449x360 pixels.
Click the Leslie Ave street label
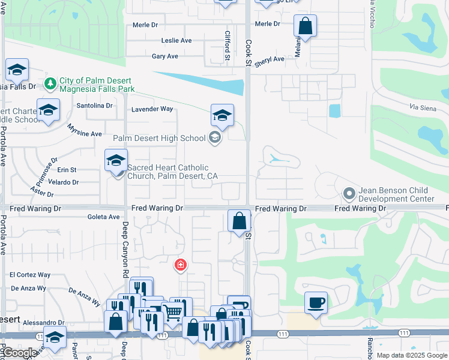click(176, 41)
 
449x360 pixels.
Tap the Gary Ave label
click(165, 56)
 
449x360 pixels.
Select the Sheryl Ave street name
click(270, 60)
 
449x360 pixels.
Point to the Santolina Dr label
click(95, 106)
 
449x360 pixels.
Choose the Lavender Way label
click(152, 109)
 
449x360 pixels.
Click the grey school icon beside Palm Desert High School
click(214, 138)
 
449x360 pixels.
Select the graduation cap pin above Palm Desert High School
click(222, 116)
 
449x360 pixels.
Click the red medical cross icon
click(179, 265)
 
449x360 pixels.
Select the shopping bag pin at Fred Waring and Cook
click(239, 221)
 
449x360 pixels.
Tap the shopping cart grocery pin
click(173, 311)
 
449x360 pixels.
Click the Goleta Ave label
click(104, 217)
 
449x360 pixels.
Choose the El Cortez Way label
click(30, 275)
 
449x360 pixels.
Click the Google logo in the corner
click(19, 353)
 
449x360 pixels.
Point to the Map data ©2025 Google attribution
click(411, 355)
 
